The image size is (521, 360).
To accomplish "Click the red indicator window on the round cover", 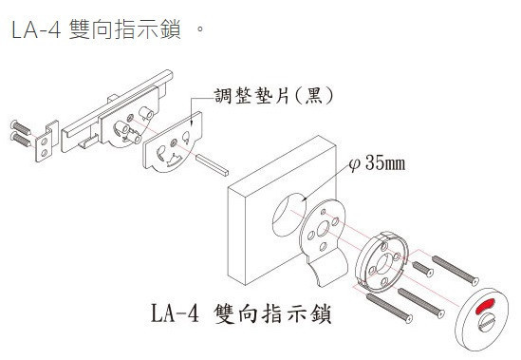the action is pyautogui.click(x=485, y=306).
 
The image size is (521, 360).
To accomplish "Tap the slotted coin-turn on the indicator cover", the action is pyautogui.click(x=487, y=322).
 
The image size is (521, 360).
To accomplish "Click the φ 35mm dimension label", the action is pyautogui.click(x=378, y=163).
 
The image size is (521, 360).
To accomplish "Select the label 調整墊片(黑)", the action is pyautogui.click(x=273, y=96).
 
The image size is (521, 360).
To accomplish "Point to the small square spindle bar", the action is pyautogui.click(x=212, y=164).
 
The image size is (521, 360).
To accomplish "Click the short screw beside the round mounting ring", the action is pyautogui.click(x=422, y=269).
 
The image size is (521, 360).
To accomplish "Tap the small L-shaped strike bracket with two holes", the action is pyautogui.click(x=47, y=142).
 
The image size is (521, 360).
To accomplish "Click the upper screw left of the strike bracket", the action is pyautogui.click(x=21, y=127).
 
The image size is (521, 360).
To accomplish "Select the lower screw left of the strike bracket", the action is pyautogui.click(x=21, y=139).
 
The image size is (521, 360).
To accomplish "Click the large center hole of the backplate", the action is pyautogui.click(x=323, y=229).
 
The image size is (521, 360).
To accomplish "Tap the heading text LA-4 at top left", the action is pyautogui.click(x=36, y=29).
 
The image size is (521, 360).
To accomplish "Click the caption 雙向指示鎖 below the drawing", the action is pyautogui.click(x=272, y=314).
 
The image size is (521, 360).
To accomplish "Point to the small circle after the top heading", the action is pyautogui.click(x=200, y=28).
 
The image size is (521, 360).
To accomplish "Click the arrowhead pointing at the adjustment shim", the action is pyautogui.click(x=192, y=123).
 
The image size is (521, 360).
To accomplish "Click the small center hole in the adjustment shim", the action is pyautogui.click(x=173, y=143).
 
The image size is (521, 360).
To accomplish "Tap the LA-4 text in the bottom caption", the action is pyautogui.click(x=176, y=313).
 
